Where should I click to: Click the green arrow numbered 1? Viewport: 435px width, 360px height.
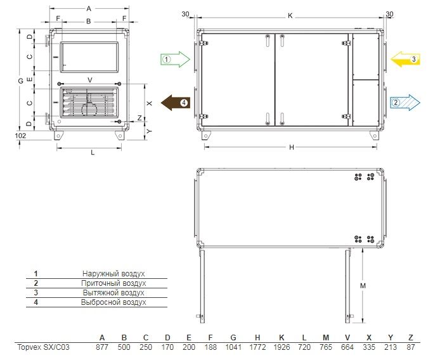click(x=175, y=60)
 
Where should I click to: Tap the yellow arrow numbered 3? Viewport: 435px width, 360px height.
click(x=405, y=59)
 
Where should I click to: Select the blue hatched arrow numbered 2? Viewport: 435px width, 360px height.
click(x=405, y=103)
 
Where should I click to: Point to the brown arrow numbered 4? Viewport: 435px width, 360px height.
click(x=176, y=103)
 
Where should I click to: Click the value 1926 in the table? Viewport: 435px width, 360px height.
click(x=282, y=347)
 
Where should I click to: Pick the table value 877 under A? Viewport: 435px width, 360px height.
click(x=102, y=347)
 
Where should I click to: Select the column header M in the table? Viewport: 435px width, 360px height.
click(x=326, y=338)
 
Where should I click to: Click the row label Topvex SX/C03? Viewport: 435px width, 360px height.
click(x=43, y=347)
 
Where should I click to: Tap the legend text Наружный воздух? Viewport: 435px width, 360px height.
click(x=114, y=274)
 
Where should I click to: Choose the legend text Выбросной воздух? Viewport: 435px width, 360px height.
click(x=114, y=302)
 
